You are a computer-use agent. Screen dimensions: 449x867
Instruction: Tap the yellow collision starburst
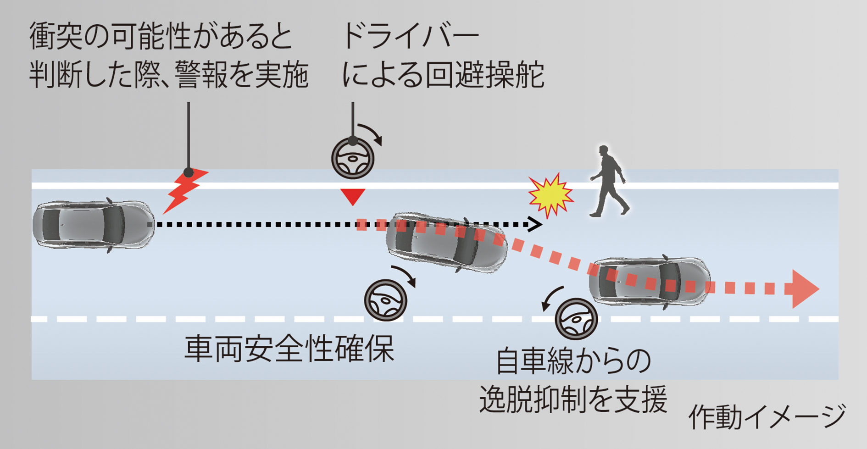coord(550,194)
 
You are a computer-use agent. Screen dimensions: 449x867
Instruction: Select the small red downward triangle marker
coord(353,196)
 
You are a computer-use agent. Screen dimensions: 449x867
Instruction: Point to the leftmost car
coord(93,225)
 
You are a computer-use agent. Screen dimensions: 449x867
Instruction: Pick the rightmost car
coord(649,282)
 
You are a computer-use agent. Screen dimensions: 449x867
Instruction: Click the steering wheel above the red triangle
coord(352,159)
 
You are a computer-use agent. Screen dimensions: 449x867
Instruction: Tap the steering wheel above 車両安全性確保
coord(385,300)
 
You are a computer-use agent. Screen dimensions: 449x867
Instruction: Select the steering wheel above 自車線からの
coord(576,319)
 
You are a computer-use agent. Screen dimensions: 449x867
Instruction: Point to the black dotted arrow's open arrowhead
coord(535,224)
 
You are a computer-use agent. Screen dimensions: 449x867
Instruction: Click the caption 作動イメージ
coord(766,416)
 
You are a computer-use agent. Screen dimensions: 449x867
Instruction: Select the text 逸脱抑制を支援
coord(573,399)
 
